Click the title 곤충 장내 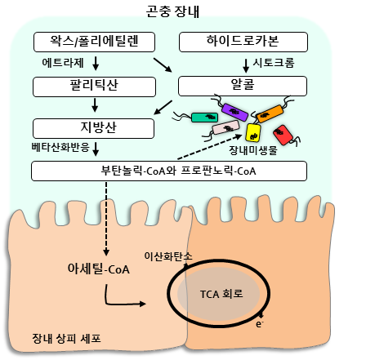coord(172,11)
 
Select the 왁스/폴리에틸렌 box coord(94,42)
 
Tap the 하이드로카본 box coord(243,42)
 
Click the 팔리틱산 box coord(94,87)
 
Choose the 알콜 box coord(243,86)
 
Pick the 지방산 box coord(93,128)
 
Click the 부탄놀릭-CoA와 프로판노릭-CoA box coord(169,171)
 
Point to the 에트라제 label coord(63,63)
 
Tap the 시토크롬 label coord(274,63)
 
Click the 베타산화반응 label coord(60,147)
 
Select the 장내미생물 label coord(253,150)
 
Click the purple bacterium coord(234,112)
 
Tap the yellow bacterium coord(253,132)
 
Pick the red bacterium coord(283,135)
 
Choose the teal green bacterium coord(204,118)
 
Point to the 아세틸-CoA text coord(99,269)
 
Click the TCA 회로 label coord(221,294)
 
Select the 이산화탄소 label coord(168,256)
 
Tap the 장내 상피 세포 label coord(66,339)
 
